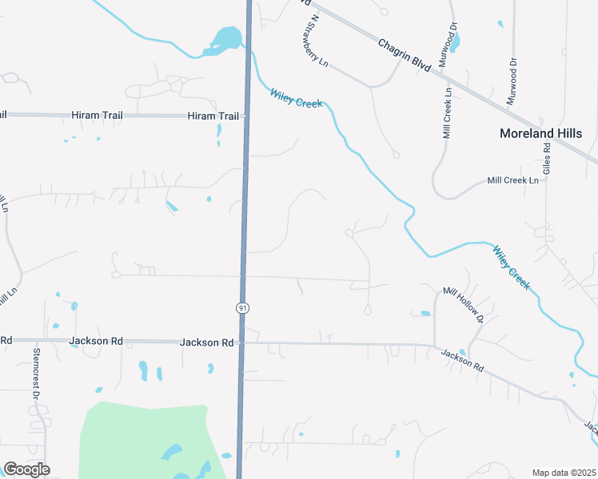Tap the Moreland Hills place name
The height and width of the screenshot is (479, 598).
click(540, 133)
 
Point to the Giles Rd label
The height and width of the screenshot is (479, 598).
click(548, 159)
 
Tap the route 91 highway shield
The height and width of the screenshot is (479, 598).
click(242, 307)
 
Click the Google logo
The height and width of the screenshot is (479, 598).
click(26, 469)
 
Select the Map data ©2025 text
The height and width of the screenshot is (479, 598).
click(563, 473)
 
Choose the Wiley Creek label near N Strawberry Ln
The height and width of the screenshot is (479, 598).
click(296, 98)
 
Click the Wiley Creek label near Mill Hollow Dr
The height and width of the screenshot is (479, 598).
click(511, 267)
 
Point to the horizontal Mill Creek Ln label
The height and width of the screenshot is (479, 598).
click(513, 180)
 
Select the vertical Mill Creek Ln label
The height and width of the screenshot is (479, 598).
click(448, 113)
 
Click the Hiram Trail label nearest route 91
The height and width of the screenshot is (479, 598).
click(213, 116)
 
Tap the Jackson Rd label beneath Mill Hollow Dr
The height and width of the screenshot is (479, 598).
click(462, 360)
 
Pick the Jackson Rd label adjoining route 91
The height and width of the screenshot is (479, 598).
click(206, 342)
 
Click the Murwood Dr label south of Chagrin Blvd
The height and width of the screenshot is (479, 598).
click(512, 81)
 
